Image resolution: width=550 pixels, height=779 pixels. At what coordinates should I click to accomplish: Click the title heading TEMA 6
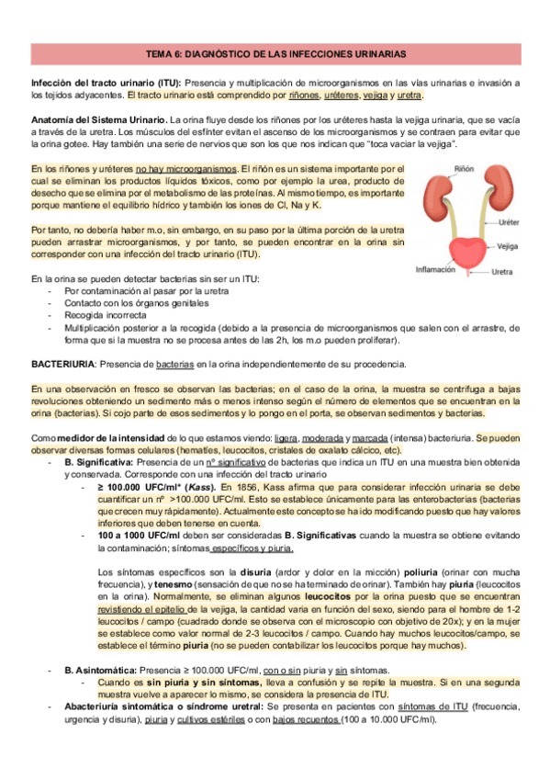[x=275, y=55]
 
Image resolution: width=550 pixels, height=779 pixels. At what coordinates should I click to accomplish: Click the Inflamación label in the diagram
[x=435, y=270]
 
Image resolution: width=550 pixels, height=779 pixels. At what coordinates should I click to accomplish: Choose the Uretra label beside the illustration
[x=501, y=272]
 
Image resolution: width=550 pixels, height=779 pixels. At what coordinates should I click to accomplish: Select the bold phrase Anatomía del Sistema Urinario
[x=98, y=120]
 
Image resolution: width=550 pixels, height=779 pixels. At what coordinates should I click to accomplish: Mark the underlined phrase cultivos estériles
[x=216, y=719]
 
